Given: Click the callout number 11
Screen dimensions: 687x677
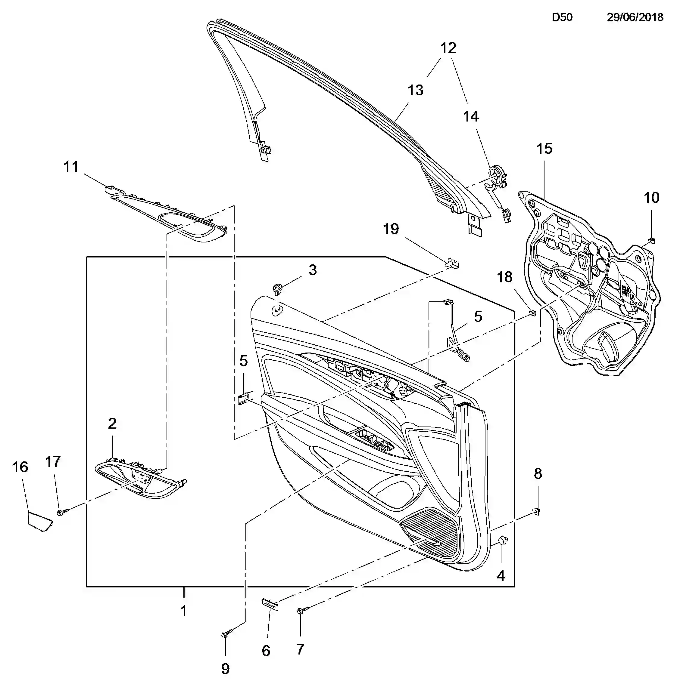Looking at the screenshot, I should tap(71, 167).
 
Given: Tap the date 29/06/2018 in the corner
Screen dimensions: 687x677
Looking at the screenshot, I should tap(635, 17).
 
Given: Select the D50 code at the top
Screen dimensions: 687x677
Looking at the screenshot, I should tap(562, 17).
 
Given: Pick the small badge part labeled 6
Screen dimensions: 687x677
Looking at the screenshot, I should tap(270, 603).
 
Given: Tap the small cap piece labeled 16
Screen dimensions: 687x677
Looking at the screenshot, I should tap(40, 521).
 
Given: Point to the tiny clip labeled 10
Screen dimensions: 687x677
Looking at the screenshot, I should tap(652, 241).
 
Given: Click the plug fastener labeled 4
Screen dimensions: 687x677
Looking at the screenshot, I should tap(502, 541).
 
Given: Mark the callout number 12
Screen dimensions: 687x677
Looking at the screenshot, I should tap(448, 48).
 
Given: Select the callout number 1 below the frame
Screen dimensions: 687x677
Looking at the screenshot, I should tap(183, 611).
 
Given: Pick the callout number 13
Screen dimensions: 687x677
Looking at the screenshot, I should tap(415, 90).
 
